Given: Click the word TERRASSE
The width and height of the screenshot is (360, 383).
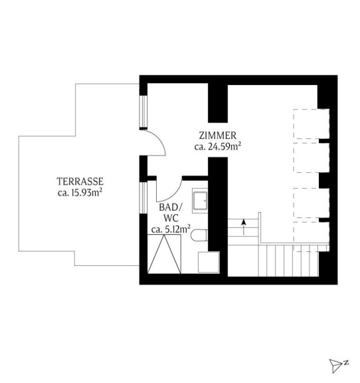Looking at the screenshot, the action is click(x=80, y=182).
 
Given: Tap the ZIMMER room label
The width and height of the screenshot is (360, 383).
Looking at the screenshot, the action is click(x=218, y=136).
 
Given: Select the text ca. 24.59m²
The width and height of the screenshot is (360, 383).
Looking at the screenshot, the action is click(x=218, y=146).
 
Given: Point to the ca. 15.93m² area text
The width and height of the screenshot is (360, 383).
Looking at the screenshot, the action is click(x=80, y=193).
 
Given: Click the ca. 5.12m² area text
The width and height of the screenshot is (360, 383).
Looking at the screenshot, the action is click(x=171, y=229).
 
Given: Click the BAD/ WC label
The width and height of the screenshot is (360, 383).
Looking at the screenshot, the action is click(x=171, y=213).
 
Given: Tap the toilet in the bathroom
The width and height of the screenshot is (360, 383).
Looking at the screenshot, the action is click(x=199, y=235).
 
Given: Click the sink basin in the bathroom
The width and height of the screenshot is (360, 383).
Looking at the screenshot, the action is click(x=200, y=201).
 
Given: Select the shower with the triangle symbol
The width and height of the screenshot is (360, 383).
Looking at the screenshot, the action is click(x=164, y=254).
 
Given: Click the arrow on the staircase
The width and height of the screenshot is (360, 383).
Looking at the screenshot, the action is click(x=244, y=227).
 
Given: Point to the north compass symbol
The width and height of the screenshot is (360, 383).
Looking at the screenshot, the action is click(x=336, y=366).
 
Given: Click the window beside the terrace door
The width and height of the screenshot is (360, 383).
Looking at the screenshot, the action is click(x=143, y=112).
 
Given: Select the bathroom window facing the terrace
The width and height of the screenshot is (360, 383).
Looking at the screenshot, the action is click(x=143, y=198).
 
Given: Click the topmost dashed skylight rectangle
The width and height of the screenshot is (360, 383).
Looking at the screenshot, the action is click(x=312, y=124).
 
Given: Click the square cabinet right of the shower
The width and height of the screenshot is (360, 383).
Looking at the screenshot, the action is click(x=209, y=262).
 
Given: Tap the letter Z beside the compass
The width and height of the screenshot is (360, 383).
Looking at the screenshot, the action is click(x=347, y=362).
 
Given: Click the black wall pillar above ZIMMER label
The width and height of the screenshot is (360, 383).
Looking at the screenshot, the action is click(x=218, y=103).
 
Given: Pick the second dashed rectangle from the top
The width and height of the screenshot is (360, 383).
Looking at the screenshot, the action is click(x=312, y=158).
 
